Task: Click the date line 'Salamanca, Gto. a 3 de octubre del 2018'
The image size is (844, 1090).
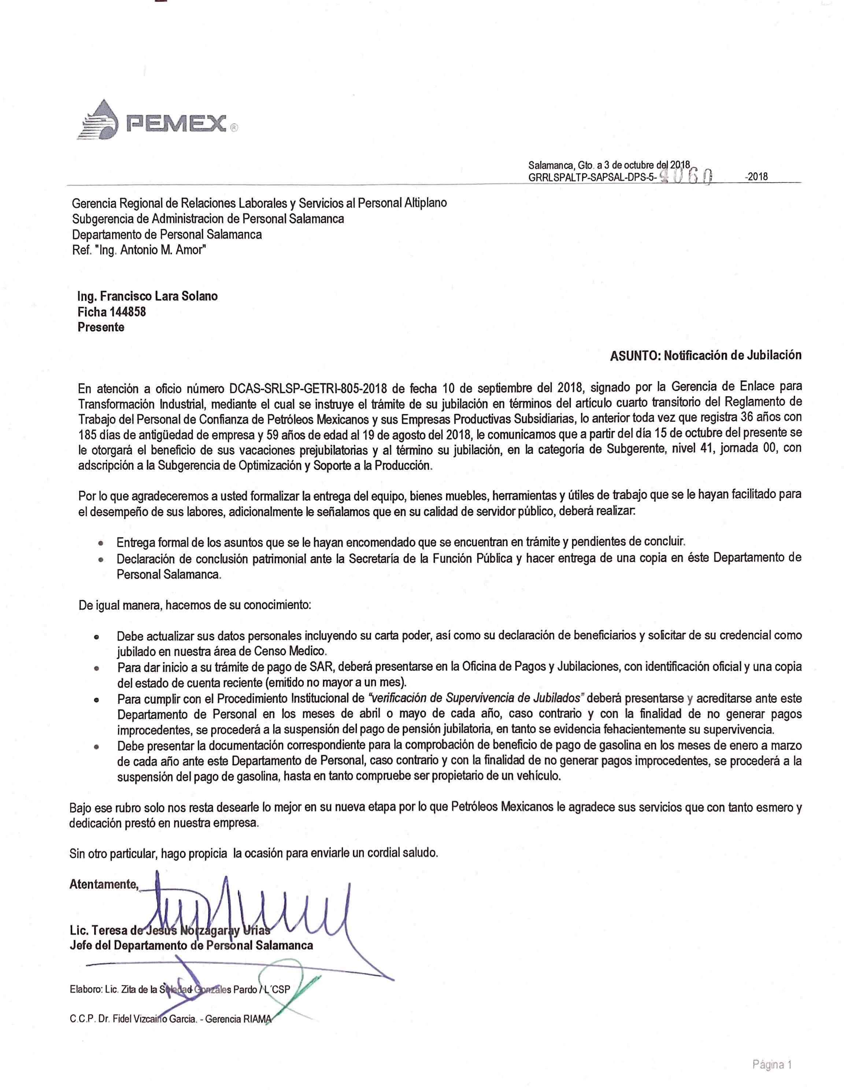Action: pyautogui.click(x=608, y=165)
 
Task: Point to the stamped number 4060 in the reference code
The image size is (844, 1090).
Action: pyautogui.click(x=686, y=176)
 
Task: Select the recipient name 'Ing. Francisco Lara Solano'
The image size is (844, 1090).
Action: pyautogui.click(x=147, y=296)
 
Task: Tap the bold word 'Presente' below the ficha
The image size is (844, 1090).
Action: pyautogui.click(x=101, y=327)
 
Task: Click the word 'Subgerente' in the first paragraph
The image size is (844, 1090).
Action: pyautogui.click(x=632, y=448)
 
